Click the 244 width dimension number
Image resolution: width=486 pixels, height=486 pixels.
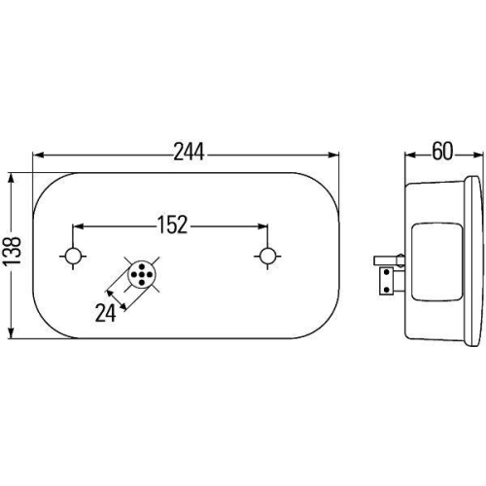189,153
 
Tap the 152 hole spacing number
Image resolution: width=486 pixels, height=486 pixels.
172,225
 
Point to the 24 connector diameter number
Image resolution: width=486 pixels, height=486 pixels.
105,313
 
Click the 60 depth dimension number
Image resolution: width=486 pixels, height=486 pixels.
442,152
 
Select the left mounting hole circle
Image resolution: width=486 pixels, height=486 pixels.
73,257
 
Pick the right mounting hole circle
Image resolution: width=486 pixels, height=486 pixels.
267,256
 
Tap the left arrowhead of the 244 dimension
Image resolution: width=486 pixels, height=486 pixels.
39,156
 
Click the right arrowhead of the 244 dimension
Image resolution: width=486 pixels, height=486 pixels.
333,156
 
